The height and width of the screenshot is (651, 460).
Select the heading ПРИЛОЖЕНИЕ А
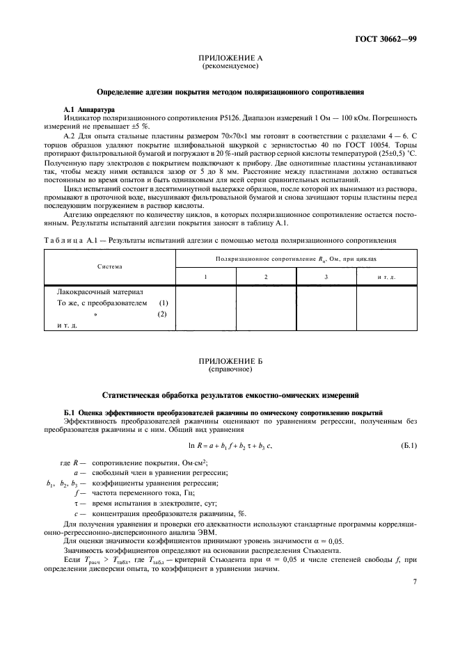coord(230,59)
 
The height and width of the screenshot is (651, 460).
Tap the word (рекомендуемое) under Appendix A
coord(230,67)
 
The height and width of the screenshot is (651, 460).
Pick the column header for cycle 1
coord(205,277)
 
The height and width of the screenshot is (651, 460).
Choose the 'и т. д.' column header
coord(386,277)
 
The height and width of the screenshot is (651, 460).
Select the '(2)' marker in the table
coord(163,314)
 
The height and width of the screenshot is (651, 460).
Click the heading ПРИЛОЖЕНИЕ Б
coord(230,362)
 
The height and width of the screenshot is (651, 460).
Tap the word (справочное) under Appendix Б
coord(230,370)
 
